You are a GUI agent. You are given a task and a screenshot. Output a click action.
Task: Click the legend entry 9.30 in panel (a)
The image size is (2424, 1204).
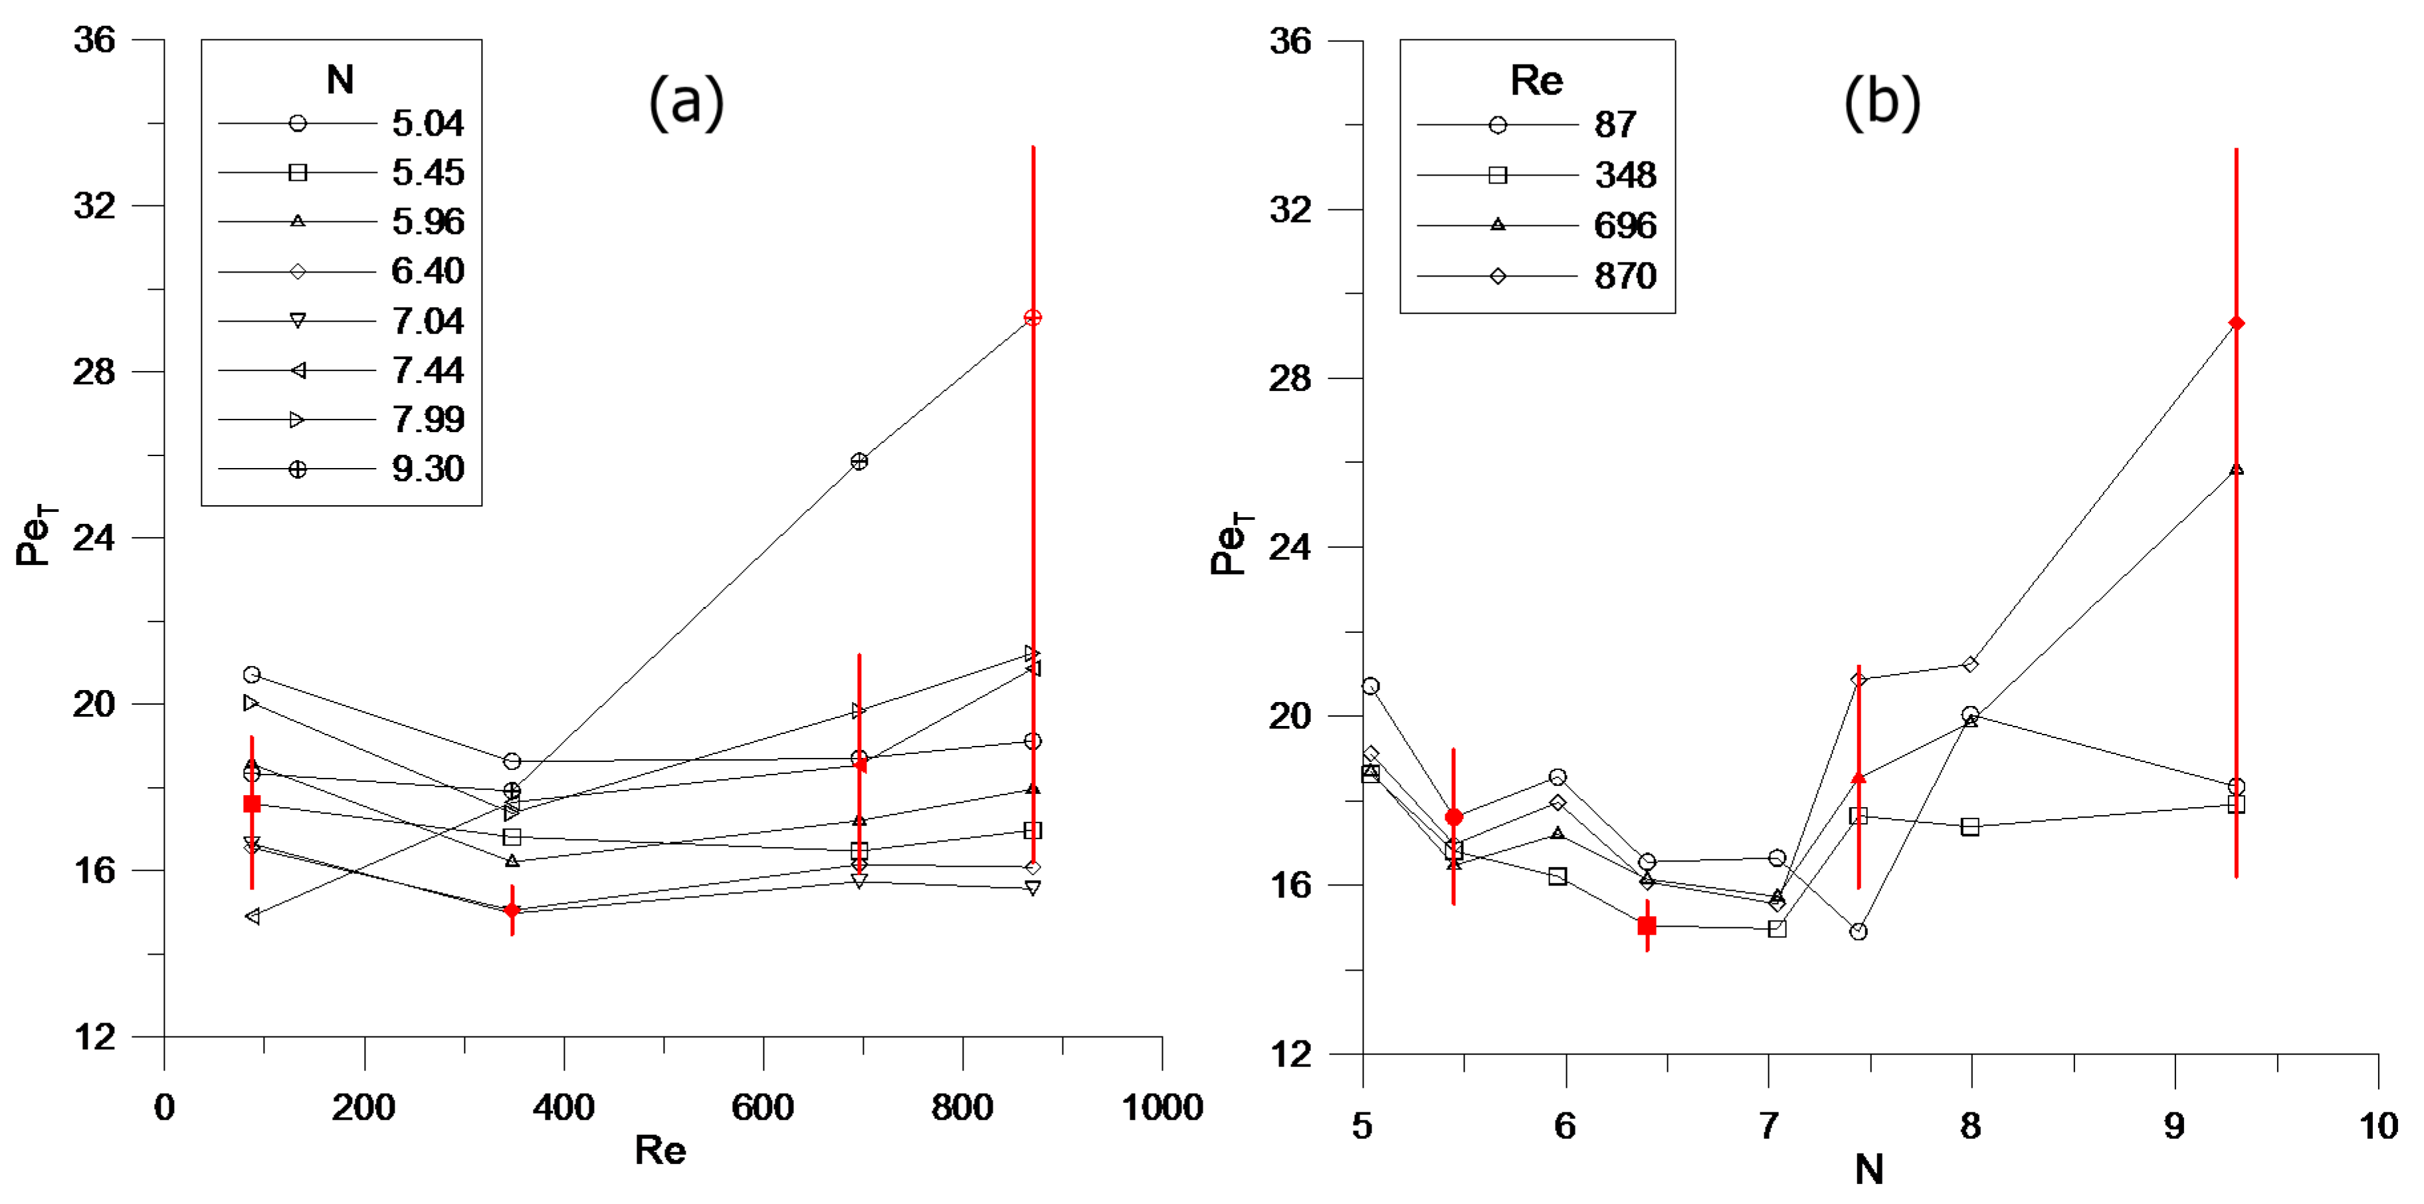[x=427, y=469]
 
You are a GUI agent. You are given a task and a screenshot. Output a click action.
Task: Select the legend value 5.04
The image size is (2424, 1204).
[x=427, y=123]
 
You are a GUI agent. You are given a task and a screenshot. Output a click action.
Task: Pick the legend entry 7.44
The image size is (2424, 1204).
[x=427, y=371]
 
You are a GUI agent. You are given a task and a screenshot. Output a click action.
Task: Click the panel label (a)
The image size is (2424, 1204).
[x=686, y=102]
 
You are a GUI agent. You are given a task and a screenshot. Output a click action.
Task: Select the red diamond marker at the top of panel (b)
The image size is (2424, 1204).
[x=2237, y=324]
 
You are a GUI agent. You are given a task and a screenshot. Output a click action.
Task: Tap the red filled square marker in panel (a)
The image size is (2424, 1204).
[x=251, y=804]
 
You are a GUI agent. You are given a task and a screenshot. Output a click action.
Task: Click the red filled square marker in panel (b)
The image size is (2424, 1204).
[x=1647, y=926]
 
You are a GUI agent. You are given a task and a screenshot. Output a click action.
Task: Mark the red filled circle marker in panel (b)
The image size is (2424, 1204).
[x=1454, y=817]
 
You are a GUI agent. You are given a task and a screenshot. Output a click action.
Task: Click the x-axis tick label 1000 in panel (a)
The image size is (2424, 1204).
[x=1162, y=1107]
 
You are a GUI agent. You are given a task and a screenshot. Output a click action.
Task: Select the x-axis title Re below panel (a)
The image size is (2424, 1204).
[x=660, y=1150]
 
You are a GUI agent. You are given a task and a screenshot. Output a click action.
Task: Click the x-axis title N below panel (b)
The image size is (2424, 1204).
[x=1868, y=1170]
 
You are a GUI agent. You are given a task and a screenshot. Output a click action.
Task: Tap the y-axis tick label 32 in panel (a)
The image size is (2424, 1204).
[x=94, y=205]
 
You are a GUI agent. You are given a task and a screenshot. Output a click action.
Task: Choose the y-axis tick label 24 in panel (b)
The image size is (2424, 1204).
[x=1289, y=547]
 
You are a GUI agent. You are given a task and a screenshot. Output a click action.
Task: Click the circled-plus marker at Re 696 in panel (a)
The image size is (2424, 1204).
[x=859, y=461]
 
